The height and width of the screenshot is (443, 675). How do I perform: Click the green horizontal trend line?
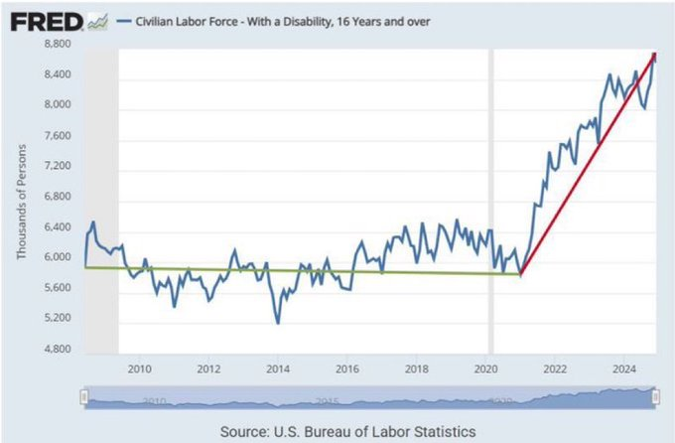(298, 270)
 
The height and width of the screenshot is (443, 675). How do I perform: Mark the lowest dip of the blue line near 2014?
(277, 323)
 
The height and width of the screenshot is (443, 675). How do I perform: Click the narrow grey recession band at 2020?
(490, 199)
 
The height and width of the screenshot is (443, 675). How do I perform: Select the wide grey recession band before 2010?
(101, 199)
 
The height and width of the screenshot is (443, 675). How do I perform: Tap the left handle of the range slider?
(84, 397)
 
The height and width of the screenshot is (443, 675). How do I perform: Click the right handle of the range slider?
(654, 397)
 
